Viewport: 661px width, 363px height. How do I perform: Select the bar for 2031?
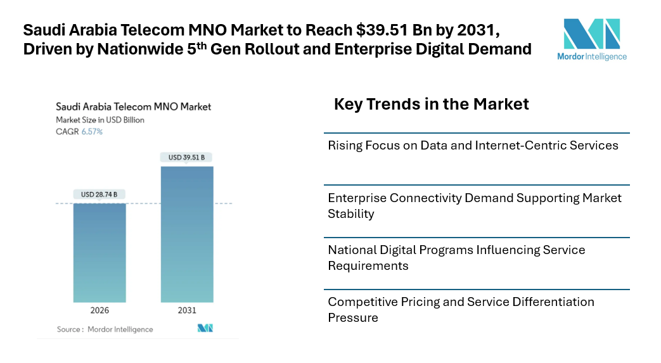point(187,234)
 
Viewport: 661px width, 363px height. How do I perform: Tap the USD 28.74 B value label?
point(99,194)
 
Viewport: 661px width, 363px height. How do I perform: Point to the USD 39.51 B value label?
point(187,157)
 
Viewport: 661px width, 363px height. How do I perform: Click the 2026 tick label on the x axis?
point(99,310)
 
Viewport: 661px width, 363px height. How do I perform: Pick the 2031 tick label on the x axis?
point(187,310)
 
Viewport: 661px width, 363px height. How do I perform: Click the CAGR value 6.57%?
point(92,132)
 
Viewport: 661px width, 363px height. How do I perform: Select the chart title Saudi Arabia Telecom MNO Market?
point(133,106)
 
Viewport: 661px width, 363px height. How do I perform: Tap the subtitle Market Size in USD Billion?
point(100,120)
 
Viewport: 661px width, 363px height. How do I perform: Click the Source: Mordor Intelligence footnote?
point(105,329)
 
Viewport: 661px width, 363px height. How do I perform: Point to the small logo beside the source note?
point(205,328)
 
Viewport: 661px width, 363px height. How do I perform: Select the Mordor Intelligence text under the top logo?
point(591,56)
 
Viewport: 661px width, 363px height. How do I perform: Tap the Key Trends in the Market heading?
point(431,104)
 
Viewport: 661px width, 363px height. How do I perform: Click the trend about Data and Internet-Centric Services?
point(473,145)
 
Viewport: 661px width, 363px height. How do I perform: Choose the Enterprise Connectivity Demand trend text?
point(474,205)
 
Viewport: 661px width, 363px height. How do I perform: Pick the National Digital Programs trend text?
point(456,257)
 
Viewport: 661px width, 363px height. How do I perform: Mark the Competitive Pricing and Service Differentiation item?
point(461,309)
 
